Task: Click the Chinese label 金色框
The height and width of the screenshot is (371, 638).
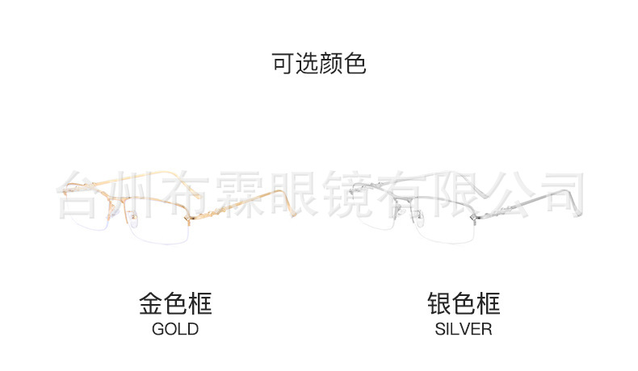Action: pos(175,304)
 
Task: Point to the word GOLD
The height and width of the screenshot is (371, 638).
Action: pos(175,329)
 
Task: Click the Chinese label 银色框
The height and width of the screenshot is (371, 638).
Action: pos(464,304)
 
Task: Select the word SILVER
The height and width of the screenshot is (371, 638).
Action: pos(464,329)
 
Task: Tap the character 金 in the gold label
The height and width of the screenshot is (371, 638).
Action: pos(151,304)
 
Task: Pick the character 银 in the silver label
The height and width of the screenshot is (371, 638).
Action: pos(439,304)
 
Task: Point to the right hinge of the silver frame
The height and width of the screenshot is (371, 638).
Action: pos(472,216)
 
